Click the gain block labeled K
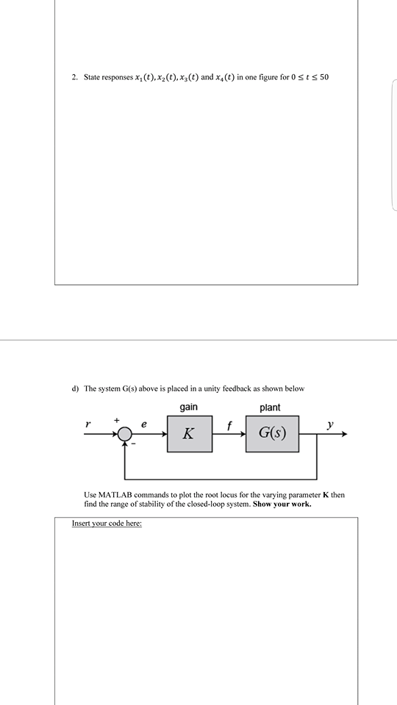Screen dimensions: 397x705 click(x=190, y=433)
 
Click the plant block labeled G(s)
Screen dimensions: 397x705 click(x=272, y=433)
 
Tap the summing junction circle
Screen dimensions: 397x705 click(x=126, y=434)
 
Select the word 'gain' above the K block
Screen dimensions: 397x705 click(x=189, y=408)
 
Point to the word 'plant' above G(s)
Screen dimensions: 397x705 click(x=270, y=408)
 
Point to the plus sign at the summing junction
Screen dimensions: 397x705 click(x=115, y=419)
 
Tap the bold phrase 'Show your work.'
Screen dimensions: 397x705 click(x=280, y=505)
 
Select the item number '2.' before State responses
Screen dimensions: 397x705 click(x=75, y=77)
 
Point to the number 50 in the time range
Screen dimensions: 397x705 click(x=325, y=77)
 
